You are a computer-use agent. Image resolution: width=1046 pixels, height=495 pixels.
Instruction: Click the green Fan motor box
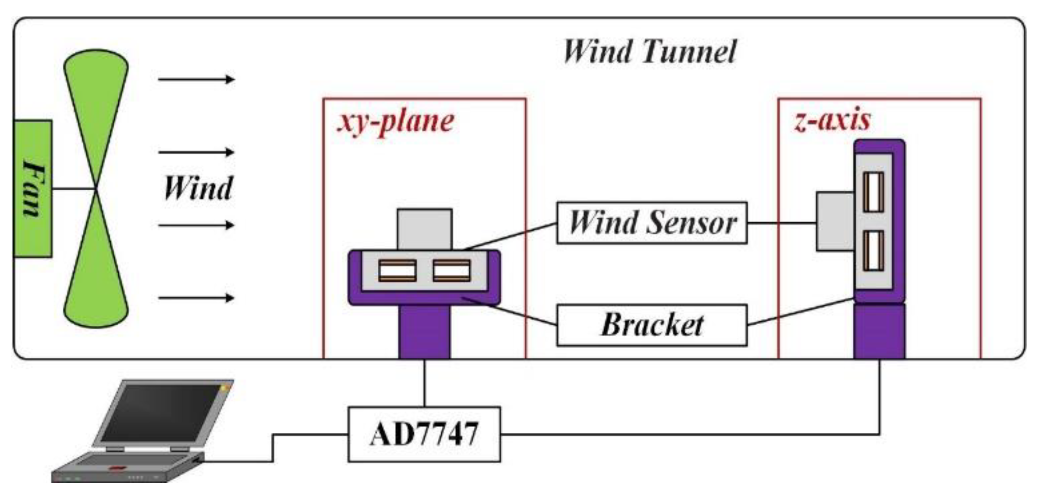(32, 189)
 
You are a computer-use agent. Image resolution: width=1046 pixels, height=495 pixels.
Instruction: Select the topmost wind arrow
(196, 79)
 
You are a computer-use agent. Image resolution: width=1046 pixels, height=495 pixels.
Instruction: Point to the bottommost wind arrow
(196, 298)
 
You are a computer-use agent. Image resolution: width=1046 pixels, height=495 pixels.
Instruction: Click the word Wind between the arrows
(198, 189)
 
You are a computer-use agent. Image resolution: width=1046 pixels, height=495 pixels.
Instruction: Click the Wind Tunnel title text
(649, 52)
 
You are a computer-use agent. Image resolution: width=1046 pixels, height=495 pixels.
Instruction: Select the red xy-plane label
(395, 121)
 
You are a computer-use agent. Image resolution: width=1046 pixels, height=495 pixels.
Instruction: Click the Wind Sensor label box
(652, 223)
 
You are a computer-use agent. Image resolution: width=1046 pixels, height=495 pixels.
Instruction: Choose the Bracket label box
(652, 325)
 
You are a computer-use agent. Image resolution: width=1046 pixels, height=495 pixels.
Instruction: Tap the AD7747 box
(424, 434)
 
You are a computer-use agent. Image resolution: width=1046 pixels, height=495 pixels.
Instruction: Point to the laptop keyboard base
(127, 467)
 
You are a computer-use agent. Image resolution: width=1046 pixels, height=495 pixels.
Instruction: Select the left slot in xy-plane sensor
(397, 271)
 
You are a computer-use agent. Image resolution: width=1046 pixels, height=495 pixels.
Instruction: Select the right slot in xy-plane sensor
(451, 271)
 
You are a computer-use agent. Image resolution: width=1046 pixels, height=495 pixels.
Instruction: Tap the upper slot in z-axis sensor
(873, 192)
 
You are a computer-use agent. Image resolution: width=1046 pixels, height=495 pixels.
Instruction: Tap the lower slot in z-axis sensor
(873, 251)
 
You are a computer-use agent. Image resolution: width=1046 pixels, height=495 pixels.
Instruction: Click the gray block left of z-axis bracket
(834, 221)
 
